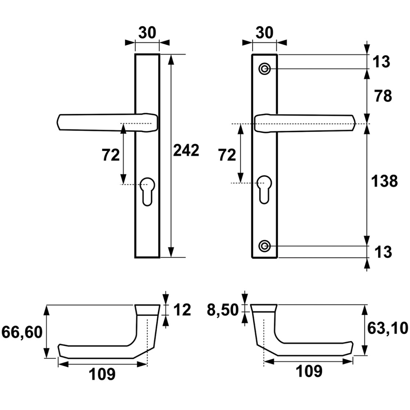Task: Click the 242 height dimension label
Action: tap(186, 150)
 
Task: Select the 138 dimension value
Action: tap(384, 181)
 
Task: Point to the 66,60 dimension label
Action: tap(22, 332)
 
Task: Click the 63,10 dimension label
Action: tap(388, 328)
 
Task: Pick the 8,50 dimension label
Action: tap(223, 310)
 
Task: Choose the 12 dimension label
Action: tap(182, 310)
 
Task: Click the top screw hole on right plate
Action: tap(265, 69)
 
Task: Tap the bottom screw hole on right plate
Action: tap(265, 246)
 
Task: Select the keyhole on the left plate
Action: tap(147, 191)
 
